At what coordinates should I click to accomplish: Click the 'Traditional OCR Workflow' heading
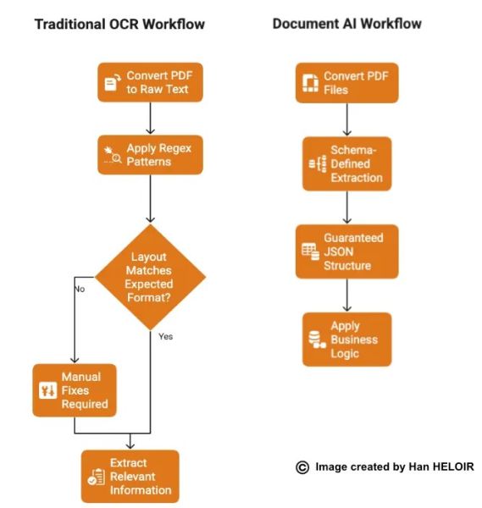click(119, 24)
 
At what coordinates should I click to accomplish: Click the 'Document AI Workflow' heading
click(346, 24)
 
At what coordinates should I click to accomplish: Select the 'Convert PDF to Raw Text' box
click(150, 82)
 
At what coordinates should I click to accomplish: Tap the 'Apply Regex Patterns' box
click(150, 154)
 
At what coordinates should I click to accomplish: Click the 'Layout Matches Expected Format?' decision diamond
click(150, 277)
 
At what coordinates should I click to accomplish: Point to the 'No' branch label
click(80, 289)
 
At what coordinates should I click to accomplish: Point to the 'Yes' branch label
click(165, 336)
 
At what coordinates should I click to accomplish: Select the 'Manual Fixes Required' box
click(74, 390)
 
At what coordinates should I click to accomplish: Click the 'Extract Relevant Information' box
click(130, 477)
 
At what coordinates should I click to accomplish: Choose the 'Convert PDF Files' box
click(346, 83)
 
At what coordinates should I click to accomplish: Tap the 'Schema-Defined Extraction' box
click(346, 163)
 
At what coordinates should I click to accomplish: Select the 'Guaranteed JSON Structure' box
click(346, 251)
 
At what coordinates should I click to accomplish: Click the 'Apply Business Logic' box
click(346, 339)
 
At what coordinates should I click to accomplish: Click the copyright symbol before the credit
click(302, 467)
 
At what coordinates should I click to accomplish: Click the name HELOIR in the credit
click(451, 467)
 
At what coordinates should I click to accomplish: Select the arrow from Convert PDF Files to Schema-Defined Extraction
click(346, 120)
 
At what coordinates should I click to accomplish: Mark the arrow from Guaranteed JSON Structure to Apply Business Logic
click(346, 295)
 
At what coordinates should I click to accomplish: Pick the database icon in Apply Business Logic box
click(317, 340)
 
